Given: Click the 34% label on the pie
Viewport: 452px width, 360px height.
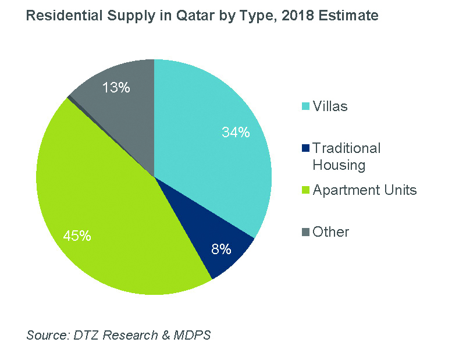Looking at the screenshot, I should coord(236,133).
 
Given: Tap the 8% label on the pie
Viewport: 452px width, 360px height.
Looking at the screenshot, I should coord(222,250).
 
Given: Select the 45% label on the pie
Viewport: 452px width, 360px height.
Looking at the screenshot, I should coord(77,236).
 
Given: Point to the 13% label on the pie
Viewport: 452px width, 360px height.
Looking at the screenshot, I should coord(116,88).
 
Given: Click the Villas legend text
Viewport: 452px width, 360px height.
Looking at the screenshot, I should coord(330,106).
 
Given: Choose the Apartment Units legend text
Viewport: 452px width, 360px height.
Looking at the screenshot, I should coord(364,190).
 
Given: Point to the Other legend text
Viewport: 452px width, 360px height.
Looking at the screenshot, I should coord(330,232).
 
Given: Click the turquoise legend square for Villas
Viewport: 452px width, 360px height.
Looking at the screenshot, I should coord(305,106).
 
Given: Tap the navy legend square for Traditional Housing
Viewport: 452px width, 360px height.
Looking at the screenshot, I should coord(305,149).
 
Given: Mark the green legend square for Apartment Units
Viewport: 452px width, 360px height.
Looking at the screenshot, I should coord(305,191).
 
